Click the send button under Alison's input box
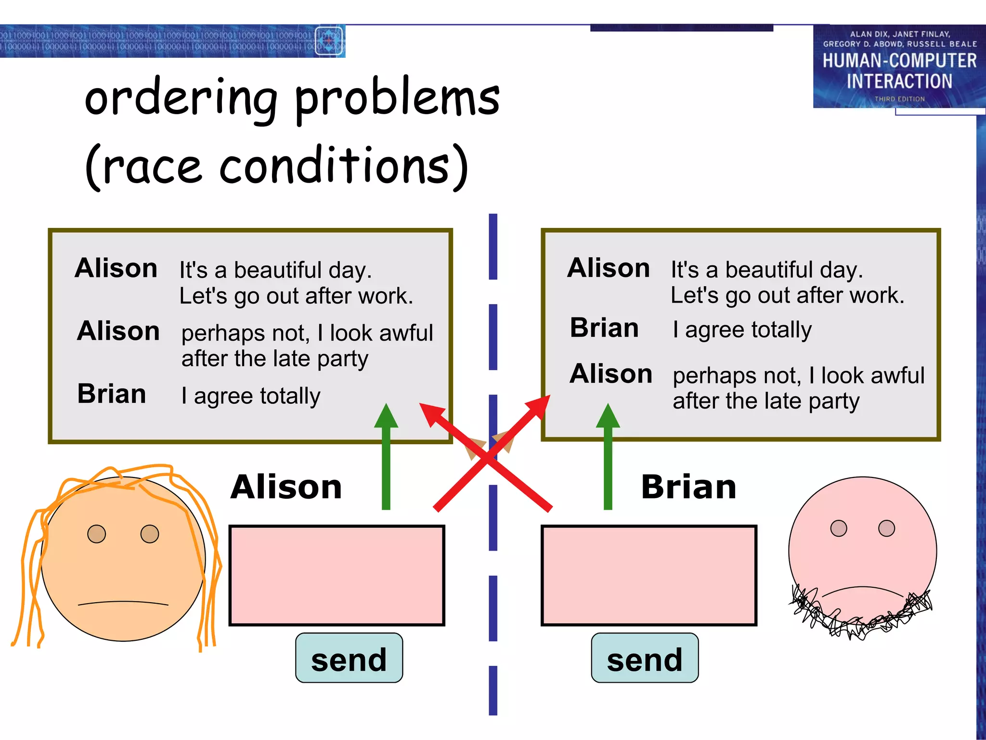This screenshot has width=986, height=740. [x=349, y=658]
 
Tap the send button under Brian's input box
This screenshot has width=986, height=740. [x=645, y=658]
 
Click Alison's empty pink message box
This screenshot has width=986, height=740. [x=337, y=575]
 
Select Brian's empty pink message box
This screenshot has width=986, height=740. [x=649, y=575]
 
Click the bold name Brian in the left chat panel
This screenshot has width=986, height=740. [x=112, y=394]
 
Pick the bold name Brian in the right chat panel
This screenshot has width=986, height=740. [x=604, y=328]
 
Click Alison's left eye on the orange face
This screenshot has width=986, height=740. [x=97, y=534]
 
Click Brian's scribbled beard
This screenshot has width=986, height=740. [x=862, y=619]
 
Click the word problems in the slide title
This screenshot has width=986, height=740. [x=397, y=99]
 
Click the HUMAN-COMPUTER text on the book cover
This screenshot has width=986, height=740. [x=899, y=61]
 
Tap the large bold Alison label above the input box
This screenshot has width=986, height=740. [x=286, y=487]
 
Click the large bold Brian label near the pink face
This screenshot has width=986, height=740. [x=688, y=487]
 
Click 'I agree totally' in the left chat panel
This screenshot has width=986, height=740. [x=250, y=396]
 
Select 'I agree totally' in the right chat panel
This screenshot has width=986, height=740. [x=742, y=330]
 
